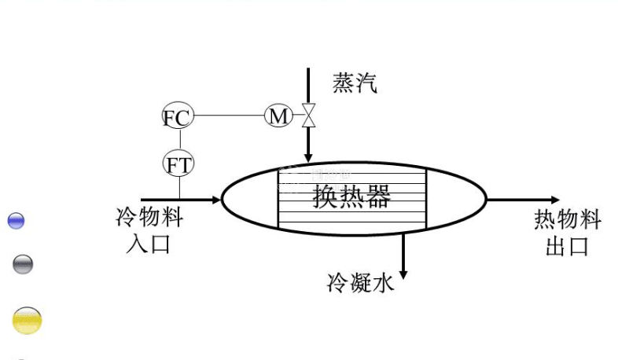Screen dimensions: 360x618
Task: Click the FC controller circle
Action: coord(178,118)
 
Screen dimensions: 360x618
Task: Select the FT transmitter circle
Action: coord(178,164)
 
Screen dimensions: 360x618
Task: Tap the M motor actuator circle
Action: coord(278,116)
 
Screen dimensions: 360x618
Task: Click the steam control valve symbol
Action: coord(308,116)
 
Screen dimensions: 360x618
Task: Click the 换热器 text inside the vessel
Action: coord(351,197)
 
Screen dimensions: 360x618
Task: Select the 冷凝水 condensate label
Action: coord(360,284)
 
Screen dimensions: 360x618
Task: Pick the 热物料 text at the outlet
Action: coord(567,220)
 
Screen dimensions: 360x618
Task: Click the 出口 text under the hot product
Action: coord(567,246)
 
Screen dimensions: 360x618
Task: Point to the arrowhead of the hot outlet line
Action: coord(555,200)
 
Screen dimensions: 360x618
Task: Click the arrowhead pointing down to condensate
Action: coord(403,274)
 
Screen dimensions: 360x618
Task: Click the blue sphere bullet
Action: coord(16,221)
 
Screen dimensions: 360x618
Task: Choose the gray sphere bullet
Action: coord(23,264)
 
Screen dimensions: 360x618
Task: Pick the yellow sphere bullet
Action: coord(27,321)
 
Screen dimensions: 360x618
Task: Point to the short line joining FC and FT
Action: coord(178,141)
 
